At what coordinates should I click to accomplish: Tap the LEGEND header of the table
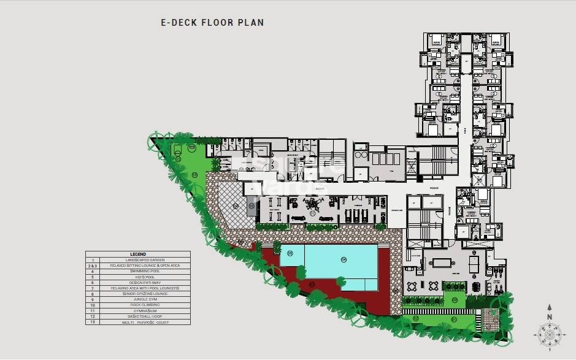(137, 254)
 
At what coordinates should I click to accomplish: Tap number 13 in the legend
(94, 322)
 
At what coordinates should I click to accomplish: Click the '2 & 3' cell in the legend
(94, 266)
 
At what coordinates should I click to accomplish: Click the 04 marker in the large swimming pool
(344, 260)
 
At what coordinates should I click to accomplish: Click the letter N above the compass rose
(549, 317)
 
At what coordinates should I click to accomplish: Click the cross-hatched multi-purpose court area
(232, 205)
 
